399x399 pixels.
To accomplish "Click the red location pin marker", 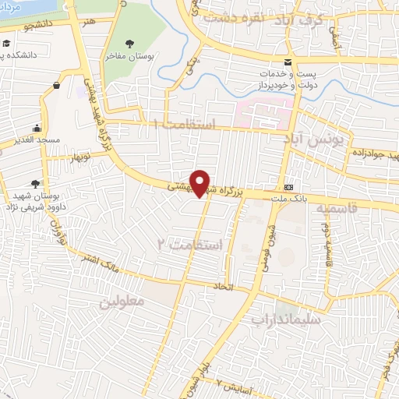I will (200, 183).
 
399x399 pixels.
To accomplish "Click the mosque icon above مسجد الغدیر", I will (37, 129).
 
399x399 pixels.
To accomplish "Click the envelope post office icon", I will (288, 62).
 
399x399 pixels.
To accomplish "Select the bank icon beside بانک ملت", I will (288, 187).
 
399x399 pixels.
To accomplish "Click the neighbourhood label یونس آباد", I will (321, 142).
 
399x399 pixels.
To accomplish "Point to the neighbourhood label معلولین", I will (122, 301).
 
